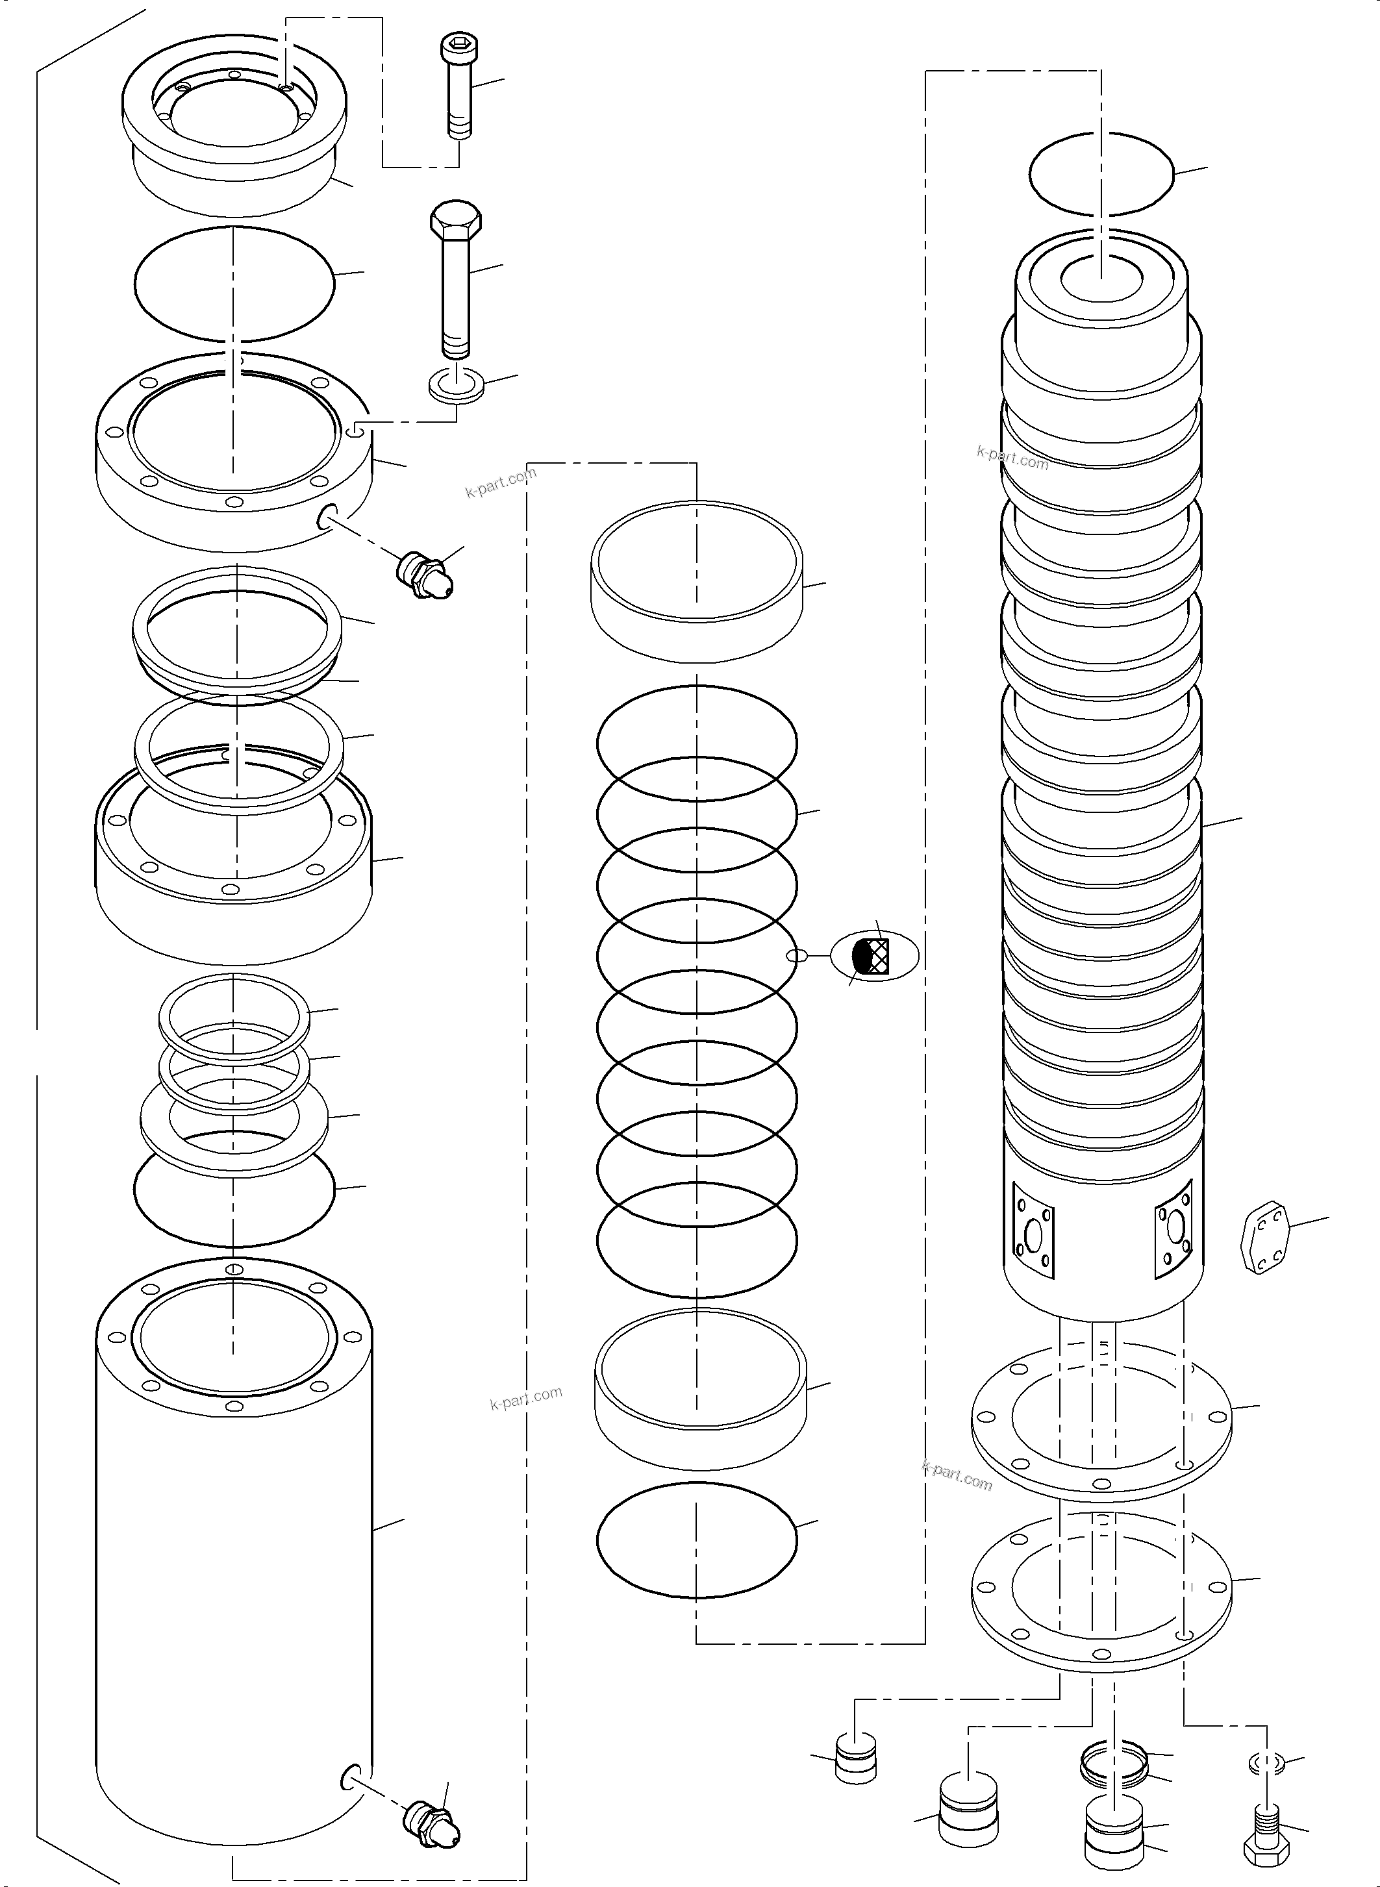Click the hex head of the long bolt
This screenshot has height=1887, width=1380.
455,219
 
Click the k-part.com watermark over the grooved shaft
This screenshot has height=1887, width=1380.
1012,458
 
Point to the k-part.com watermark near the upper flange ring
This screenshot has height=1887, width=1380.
501,484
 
